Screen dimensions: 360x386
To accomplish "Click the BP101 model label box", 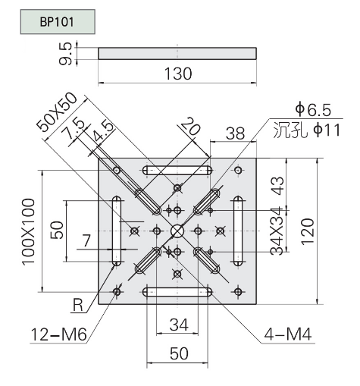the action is click(58, 22).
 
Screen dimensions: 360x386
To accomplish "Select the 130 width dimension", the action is click(178, 74).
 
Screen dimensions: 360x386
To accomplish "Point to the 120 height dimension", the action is click(308, 231).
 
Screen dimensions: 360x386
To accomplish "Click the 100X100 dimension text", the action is click(28, 231).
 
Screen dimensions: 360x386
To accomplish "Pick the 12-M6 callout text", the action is click(58, 334).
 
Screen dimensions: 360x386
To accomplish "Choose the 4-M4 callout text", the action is click(288, 334).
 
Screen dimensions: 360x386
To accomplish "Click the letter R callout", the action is click(77, 305).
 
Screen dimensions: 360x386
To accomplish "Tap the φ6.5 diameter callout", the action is click(313, 110).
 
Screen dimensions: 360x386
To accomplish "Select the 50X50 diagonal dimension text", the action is click(57, 112).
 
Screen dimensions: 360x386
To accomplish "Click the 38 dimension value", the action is click(235, 133).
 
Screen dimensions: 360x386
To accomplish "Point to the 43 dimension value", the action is click(279, 186).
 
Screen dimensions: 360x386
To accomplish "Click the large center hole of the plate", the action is click(177, 231).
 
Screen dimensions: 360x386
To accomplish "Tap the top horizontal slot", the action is click(177, 170).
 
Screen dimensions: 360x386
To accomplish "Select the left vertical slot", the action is click(117, 231).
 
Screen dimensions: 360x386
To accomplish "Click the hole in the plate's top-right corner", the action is click(238, 170).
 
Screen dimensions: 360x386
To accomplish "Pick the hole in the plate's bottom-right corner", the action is click(238, 292).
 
